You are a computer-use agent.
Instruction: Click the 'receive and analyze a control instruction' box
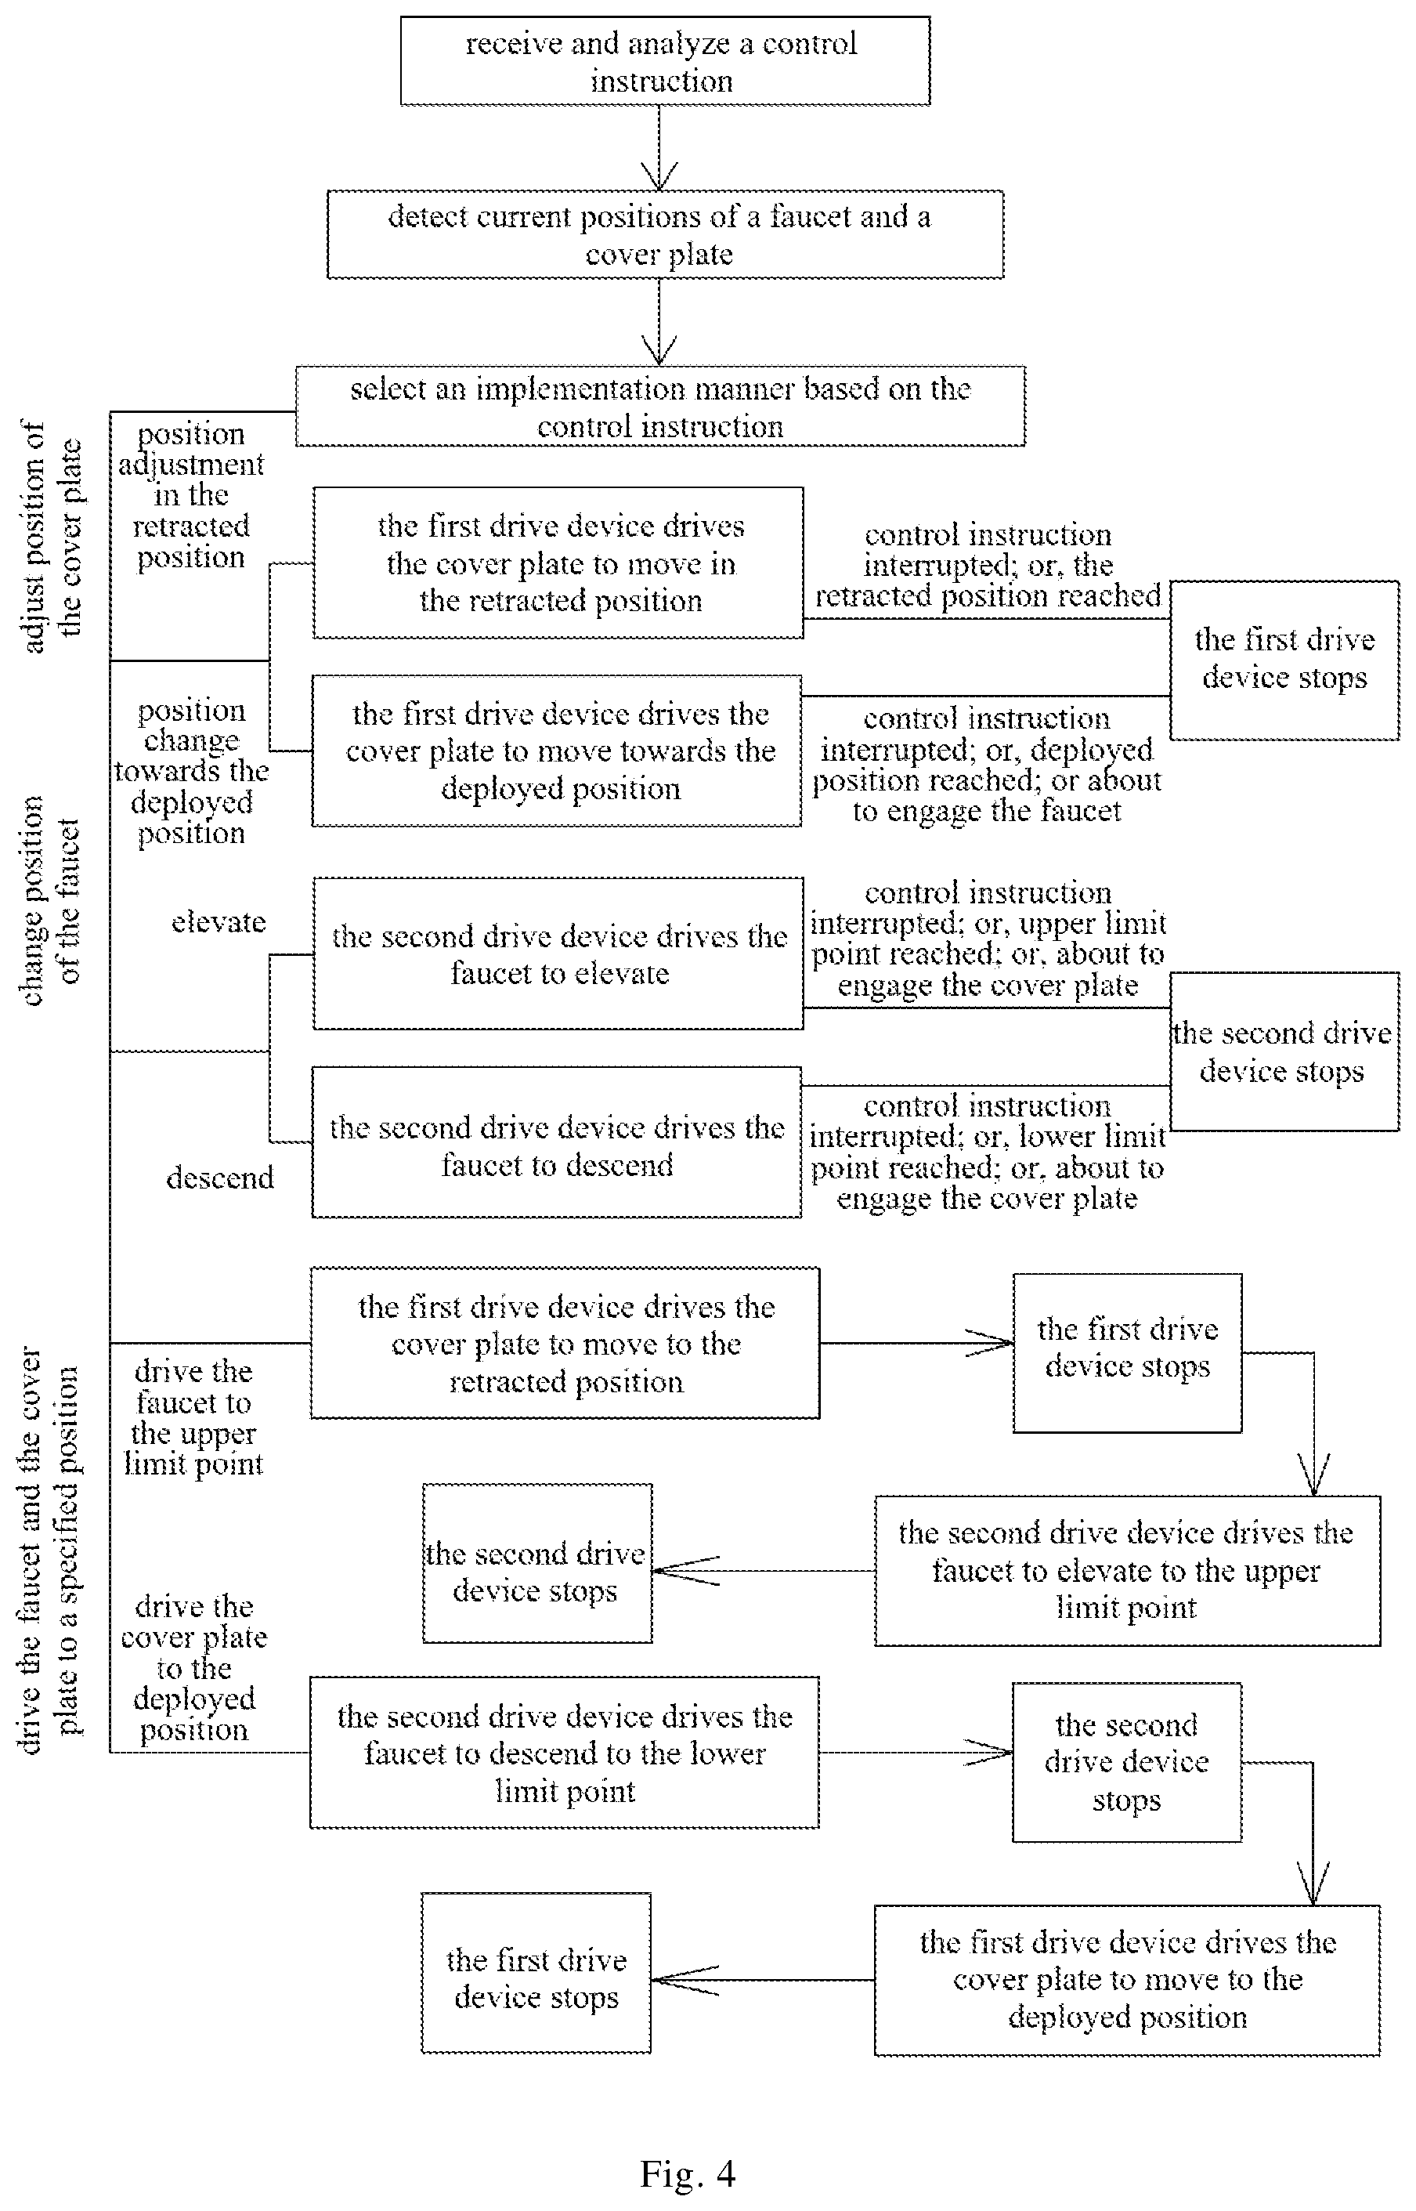665,60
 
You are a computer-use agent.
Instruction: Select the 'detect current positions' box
665,234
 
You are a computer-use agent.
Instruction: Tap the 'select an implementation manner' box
660,407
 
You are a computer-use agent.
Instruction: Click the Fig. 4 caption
688,2174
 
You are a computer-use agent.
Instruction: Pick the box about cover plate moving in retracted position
558,563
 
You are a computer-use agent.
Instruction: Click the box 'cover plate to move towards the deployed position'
557,751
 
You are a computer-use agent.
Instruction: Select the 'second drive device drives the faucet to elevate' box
558,954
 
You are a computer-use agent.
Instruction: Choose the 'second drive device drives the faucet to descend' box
557,1143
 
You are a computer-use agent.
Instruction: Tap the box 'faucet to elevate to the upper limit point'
1127,1571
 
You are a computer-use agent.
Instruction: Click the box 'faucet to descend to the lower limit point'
565,1753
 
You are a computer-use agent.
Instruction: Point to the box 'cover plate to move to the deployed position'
1127,1980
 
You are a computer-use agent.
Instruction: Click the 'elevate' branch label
219,922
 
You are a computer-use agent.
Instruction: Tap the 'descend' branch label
220,1178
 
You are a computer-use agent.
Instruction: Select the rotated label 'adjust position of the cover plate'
52,537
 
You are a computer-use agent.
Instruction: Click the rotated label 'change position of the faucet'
52,901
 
